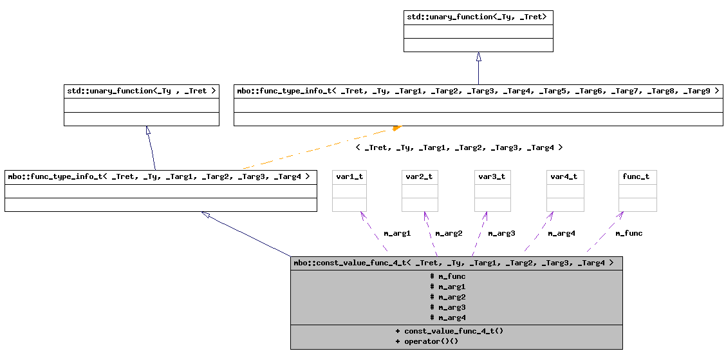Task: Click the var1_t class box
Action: pos(349,191)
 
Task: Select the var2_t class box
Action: pos(420,191)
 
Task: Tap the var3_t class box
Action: pos(492,191)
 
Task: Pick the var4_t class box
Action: pos(564,191)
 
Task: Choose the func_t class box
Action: pos(637,191)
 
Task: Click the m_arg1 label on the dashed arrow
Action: pos(396,233)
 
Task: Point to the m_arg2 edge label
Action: pos(449,233)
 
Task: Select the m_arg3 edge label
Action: pos(501,233)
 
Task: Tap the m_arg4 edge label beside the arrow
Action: pos(561,233)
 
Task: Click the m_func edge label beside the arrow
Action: pos(628,233)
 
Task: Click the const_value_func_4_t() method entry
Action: pos(449,331)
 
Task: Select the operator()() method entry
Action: pos(427,341)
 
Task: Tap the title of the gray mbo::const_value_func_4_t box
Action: pos(456,263)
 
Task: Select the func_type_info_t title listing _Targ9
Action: pos(478,91)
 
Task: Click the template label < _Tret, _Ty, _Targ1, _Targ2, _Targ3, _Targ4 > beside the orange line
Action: pos(459,147)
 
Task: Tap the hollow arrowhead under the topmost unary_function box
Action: pos(478,57)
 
